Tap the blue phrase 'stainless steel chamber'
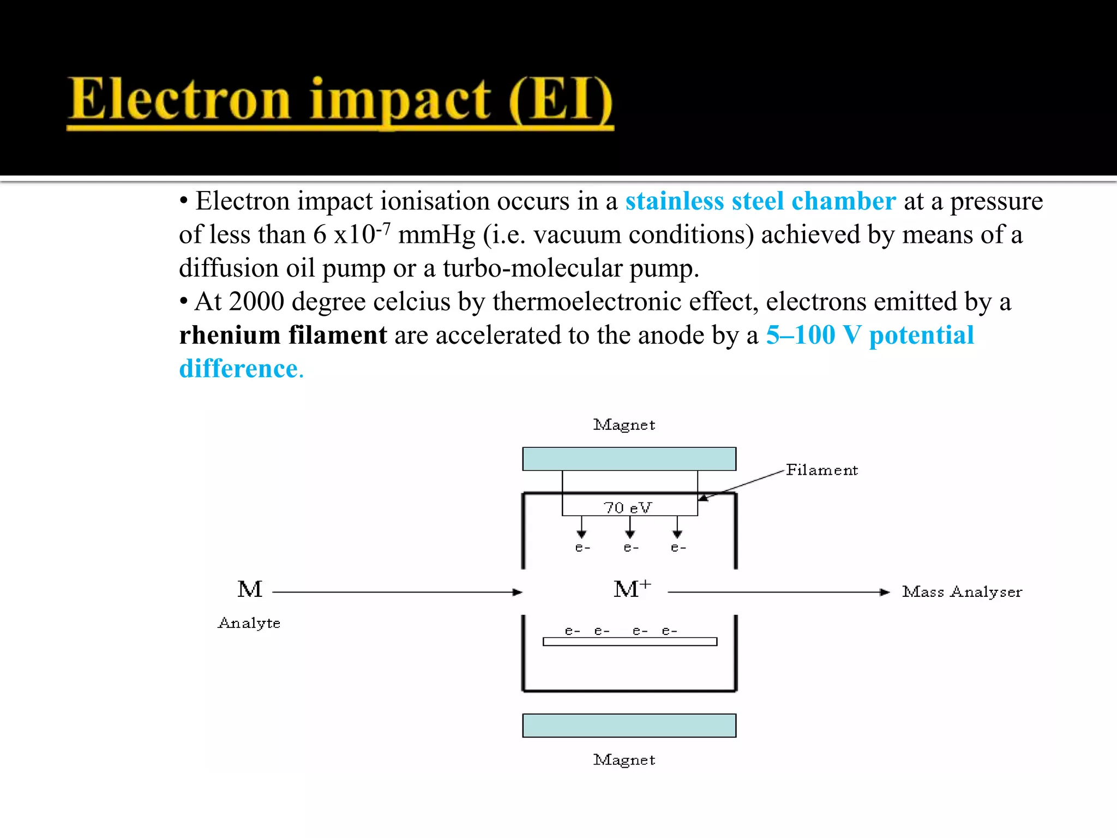click(760, 201)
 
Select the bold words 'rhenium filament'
click(283, 335)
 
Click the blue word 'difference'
click(239, 369)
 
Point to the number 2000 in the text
click(256, 302)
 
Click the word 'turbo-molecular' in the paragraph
click(532, 268)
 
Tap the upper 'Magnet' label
click(624, 425)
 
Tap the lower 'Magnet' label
click(624, 760)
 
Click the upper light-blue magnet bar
click(629, 459)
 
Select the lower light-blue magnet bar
click(629, 726)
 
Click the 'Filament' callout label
click(821, 470)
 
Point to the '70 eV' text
click(627, 508)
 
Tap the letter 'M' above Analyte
click(250, 590)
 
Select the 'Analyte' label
click(249, 623)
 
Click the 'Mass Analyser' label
click(962, 592)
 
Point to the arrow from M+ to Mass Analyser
click(778, 592)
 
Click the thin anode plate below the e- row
click(629, 642)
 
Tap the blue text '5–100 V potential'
click(869, 335)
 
